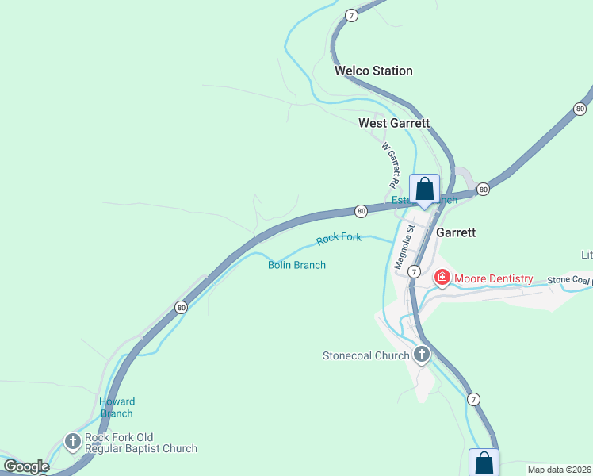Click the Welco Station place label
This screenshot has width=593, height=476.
point(373,71)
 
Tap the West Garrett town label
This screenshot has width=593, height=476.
point(394,123)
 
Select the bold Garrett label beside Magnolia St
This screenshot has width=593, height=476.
point(456,232)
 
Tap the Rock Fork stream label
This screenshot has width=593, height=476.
point(339,238)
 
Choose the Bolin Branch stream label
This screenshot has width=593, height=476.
point(296,265)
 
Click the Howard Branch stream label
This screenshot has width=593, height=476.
point(117,407)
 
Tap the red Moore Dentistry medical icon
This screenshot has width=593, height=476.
point(442,278)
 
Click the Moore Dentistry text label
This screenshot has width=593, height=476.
point(492,279)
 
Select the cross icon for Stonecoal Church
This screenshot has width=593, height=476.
point(422,355)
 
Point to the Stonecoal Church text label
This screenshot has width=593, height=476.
point(366,355)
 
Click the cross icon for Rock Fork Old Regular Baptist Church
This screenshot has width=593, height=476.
point(73,441)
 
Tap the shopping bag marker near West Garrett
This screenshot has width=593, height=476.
point(424,189)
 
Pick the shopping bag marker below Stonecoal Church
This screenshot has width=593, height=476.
point(484,463)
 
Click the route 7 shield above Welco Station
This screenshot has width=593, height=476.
point(352,15)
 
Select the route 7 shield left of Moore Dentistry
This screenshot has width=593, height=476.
point(414,271)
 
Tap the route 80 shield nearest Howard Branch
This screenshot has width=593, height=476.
point(181,307)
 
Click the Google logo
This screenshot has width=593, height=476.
point(25,466)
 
